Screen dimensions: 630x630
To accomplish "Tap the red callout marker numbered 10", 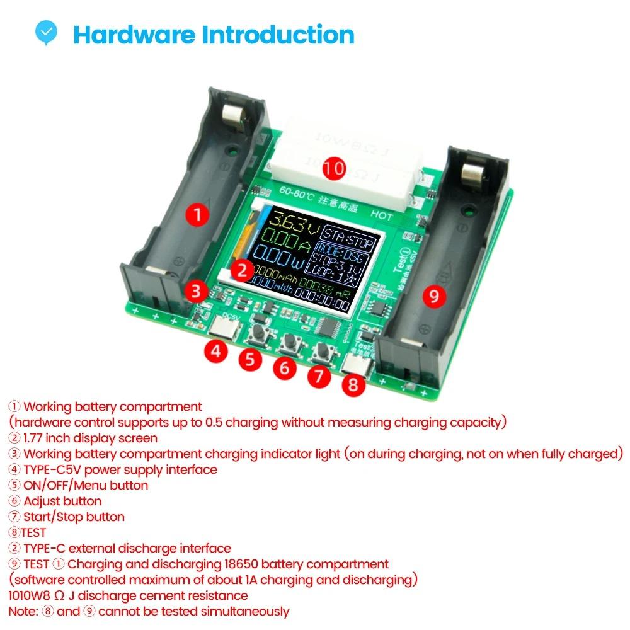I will pyautogui.click(x=335, y=169).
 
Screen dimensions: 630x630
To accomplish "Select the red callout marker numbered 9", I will pyautogui.click(x=434, y=295).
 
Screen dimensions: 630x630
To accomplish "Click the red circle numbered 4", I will pyautogui.click(x=215, y=352).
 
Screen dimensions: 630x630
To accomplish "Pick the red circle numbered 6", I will pyautogui.click(x=285, y=367).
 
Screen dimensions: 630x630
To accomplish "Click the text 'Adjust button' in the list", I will pyautogui.click(x=62, y=501).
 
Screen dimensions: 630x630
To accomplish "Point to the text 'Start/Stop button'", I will pyautogui.click(x=74, y=517).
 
